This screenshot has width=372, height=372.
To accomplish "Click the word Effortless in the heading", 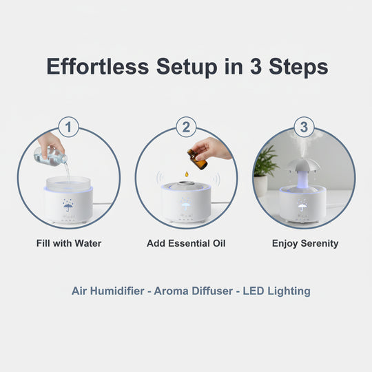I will [98, 67].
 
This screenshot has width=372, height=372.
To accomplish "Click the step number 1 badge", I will [69, 127].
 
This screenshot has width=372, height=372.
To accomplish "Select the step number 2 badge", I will [186, 127].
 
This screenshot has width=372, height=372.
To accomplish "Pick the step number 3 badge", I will [304, 127].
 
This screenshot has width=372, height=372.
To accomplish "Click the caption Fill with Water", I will [69, 243].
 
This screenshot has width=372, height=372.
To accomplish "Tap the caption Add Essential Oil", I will [186, 243].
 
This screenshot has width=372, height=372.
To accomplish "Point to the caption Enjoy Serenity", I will [305, 243].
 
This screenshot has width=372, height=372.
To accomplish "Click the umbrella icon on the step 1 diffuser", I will [69, 205].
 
